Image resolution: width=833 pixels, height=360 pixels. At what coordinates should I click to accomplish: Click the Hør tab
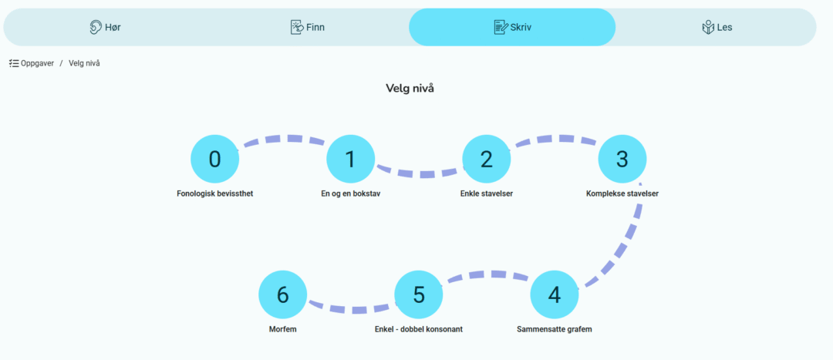click(105, 27)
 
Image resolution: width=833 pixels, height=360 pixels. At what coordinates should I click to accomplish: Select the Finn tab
click(308, 27)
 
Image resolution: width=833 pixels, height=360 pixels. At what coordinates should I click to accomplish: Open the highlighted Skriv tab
click(512, 27)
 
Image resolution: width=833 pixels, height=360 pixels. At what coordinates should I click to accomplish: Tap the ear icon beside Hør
click(96, 27)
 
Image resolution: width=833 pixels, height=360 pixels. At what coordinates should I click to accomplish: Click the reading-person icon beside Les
click(707, 27)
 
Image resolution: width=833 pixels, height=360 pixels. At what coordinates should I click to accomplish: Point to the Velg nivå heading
click(410, 88)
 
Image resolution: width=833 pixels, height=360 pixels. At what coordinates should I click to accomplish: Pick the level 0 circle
click(214, 159)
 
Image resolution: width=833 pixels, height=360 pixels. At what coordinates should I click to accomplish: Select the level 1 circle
click(351, 159)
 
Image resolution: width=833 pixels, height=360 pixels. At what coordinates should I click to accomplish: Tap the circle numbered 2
click(487, 159)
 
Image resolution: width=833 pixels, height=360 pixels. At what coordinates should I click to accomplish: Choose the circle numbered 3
click(622, 159)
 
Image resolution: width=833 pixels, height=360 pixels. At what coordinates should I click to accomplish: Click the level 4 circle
click(555, 294)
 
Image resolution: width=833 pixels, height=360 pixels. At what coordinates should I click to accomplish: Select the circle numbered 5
click(419, 294)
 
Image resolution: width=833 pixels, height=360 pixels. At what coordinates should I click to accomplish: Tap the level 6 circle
click(282, 294)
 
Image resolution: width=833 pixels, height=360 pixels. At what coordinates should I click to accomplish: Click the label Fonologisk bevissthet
click(214, 193)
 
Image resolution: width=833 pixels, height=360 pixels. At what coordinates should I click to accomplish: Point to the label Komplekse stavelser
click(622, 193)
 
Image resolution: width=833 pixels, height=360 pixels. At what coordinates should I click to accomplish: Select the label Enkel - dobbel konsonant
click(419, 329)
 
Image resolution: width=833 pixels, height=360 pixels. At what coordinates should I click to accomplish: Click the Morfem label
click(282, 329)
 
